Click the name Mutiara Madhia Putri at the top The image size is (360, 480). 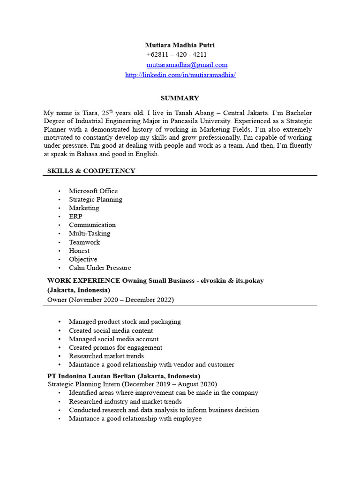180,45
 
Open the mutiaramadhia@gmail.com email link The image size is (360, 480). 187,65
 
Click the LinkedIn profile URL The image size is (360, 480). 180,75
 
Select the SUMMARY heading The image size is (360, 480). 180,98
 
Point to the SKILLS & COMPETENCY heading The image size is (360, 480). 91,171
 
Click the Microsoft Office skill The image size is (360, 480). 93,191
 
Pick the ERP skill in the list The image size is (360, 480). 75,217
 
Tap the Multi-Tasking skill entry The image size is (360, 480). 90,233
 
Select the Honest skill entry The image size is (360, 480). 79,251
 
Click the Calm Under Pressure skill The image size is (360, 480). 100,268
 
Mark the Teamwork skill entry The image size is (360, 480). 84,242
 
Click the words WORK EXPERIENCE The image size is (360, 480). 84,281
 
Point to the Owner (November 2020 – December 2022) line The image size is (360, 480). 111,300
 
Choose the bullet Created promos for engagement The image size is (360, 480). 115,348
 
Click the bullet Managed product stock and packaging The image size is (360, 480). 125,322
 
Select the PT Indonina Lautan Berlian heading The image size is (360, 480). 124,376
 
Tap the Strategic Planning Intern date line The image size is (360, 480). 133,384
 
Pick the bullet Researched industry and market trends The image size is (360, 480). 125,402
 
